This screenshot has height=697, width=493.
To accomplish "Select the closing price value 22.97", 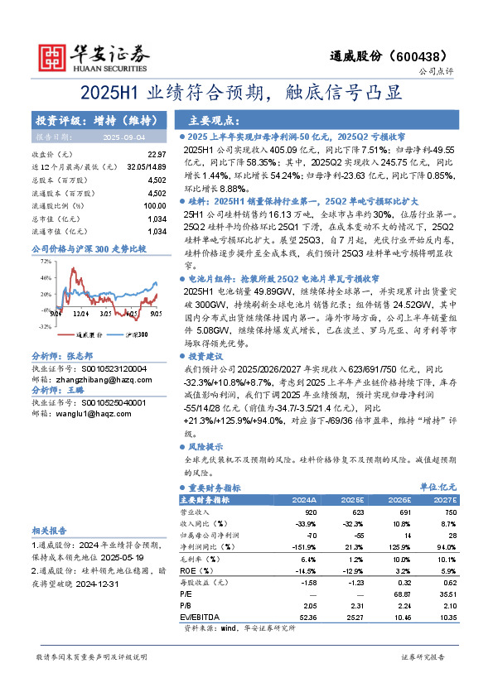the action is tap(157, 155).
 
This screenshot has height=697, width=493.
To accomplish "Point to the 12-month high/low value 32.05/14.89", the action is tap(147, 166).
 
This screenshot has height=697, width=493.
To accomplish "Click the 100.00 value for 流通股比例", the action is tap(154, 205).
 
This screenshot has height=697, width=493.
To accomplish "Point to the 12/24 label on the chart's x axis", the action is tap(81, 313).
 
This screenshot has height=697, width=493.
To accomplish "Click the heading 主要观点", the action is tap(215, 119).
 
